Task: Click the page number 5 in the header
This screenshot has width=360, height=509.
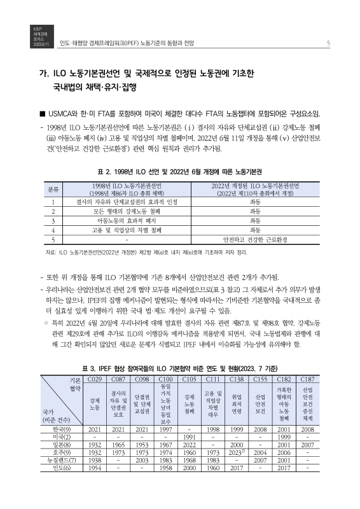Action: pyautogui.click(x=327, y=43)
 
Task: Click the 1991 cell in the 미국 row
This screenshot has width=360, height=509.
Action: pyautogui.click(x=189, y=438)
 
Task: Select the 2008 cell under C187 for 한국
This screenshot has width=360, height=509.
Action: pyautogui.click(x=307, y=429)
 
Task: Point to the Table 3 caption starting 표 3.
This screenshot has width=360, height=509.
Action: pyautogui.click(x=179, y=368)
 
